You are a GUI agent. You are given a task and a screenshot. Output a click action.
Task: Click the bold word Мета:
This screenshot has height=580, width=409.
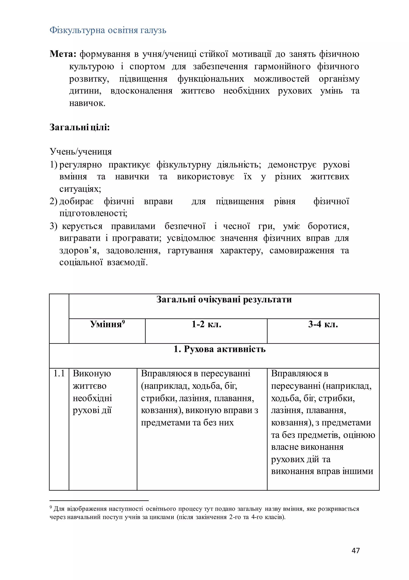pos(63,54)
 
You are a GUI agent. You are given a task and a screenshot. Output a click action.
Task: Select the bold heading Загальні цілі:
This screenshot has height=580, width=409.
pos(80,127)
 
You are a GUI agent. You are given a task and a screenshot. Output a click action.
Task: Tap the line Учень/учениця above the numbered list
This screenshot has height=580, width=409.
pos(80,152)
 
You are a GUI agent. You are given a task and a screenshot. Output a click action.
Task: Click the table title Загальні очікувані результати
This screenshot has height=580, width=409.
pos(224,299)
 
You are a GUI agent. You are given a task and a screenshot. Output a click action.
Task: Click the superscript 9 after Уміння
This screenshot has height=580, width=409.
pos(123,322)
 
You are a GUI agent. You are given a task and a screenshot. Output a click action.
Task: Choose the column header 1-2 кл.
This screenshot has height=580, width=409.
pos(206,324)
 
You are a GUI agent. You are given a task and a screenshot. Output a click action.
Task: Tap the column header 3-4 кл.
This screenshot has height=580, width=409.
pos(323,324)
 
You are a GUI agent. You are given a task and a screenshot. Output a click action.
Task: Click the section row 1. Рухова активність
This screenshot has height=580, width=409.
pos(219,349)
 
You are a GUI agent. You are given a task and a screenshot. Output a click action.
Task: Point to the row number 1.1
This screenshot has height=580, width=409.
pos(59,374)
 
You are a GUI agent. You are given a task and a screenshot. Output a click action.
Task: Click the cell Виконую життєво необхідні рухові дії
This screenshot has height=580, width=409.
pos(92,392)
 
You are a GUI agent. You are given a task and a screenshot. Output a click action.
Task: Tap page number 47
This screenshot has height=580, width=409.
pos(355,550)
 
